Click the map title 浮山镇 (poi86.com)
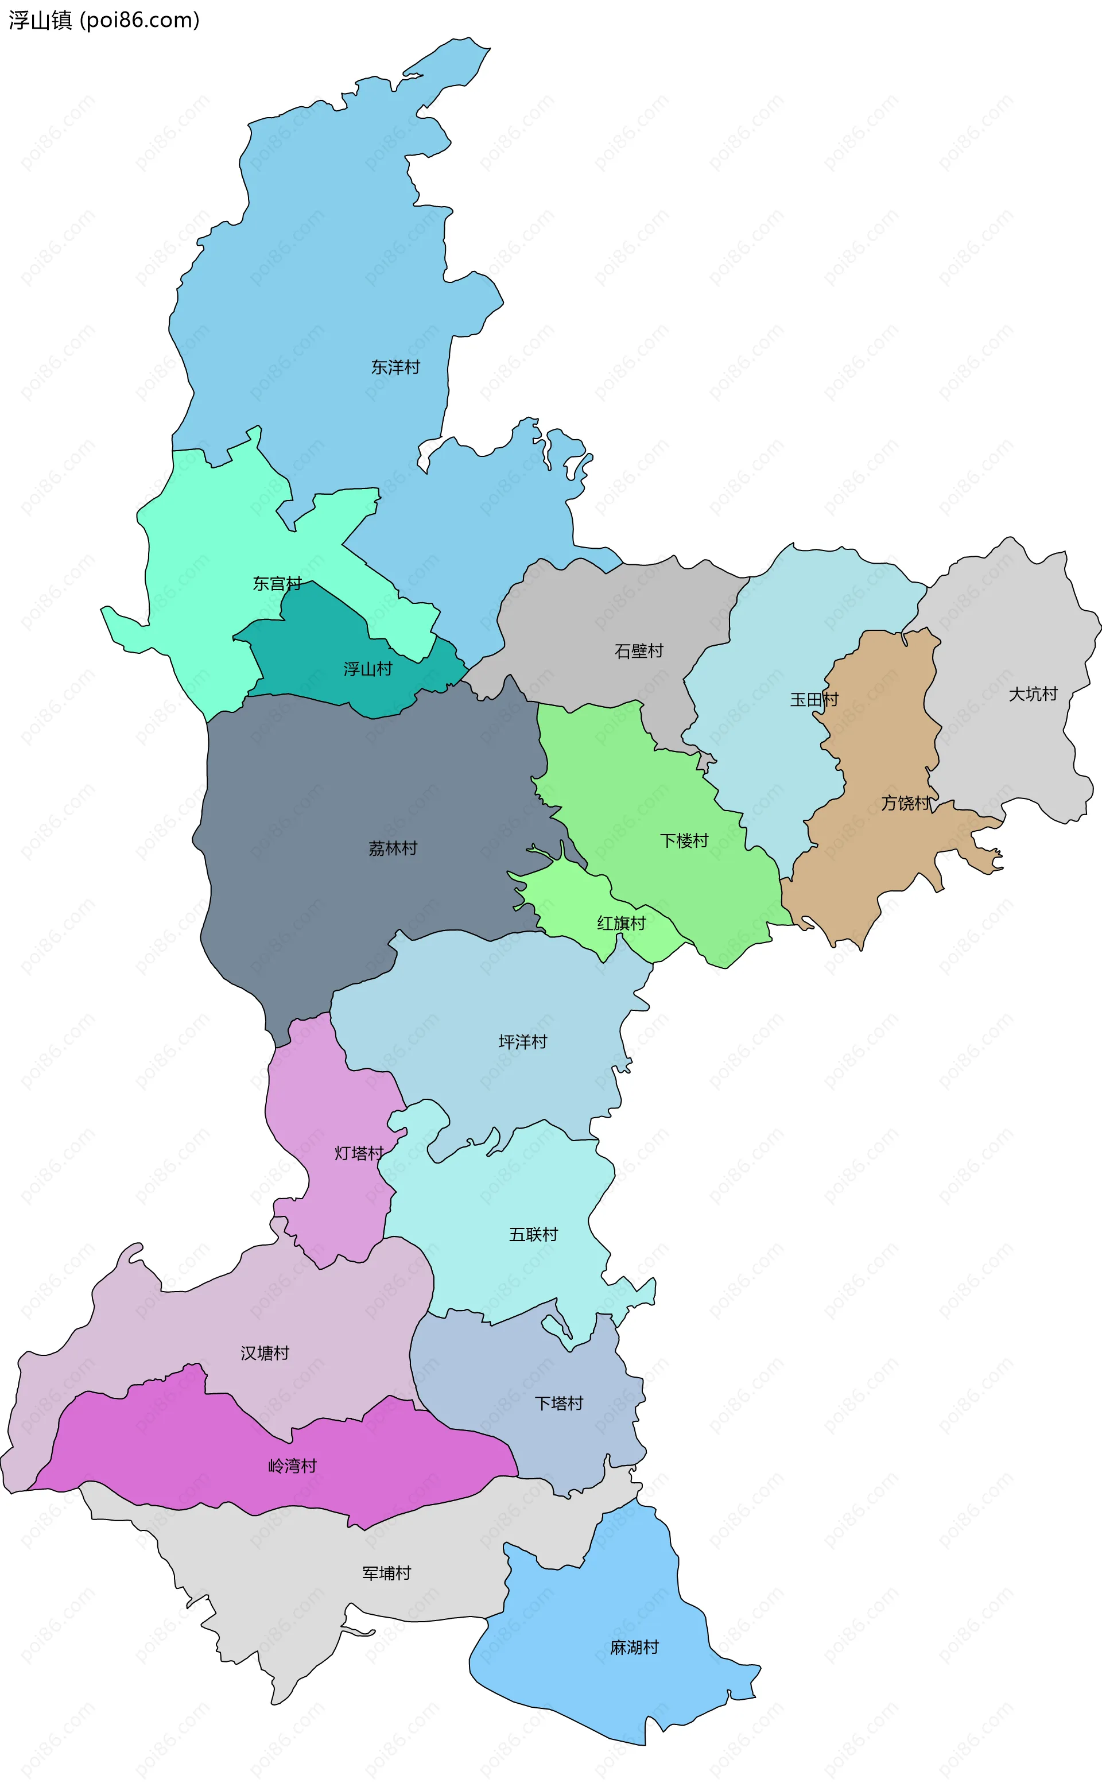click(x=103, y=21)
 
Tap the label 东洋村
click(x=395, y=367)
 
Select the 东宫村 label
click(x=277, y=583)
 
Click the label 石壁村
click(x=638, y=651)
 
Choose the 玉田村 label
click(x=814, y=700)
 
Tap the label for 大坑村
click(x=1032, y=694)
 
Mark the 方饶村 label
click(x=905, y=803)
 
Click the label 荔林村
click(x=393, y=848)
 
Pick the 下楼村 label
click(x=684, y=841)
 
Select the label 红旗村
click(x=621, y=924)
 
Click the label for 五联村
click(x=533, y=1235)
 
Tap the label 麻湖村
click(x=634, y=1648)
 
